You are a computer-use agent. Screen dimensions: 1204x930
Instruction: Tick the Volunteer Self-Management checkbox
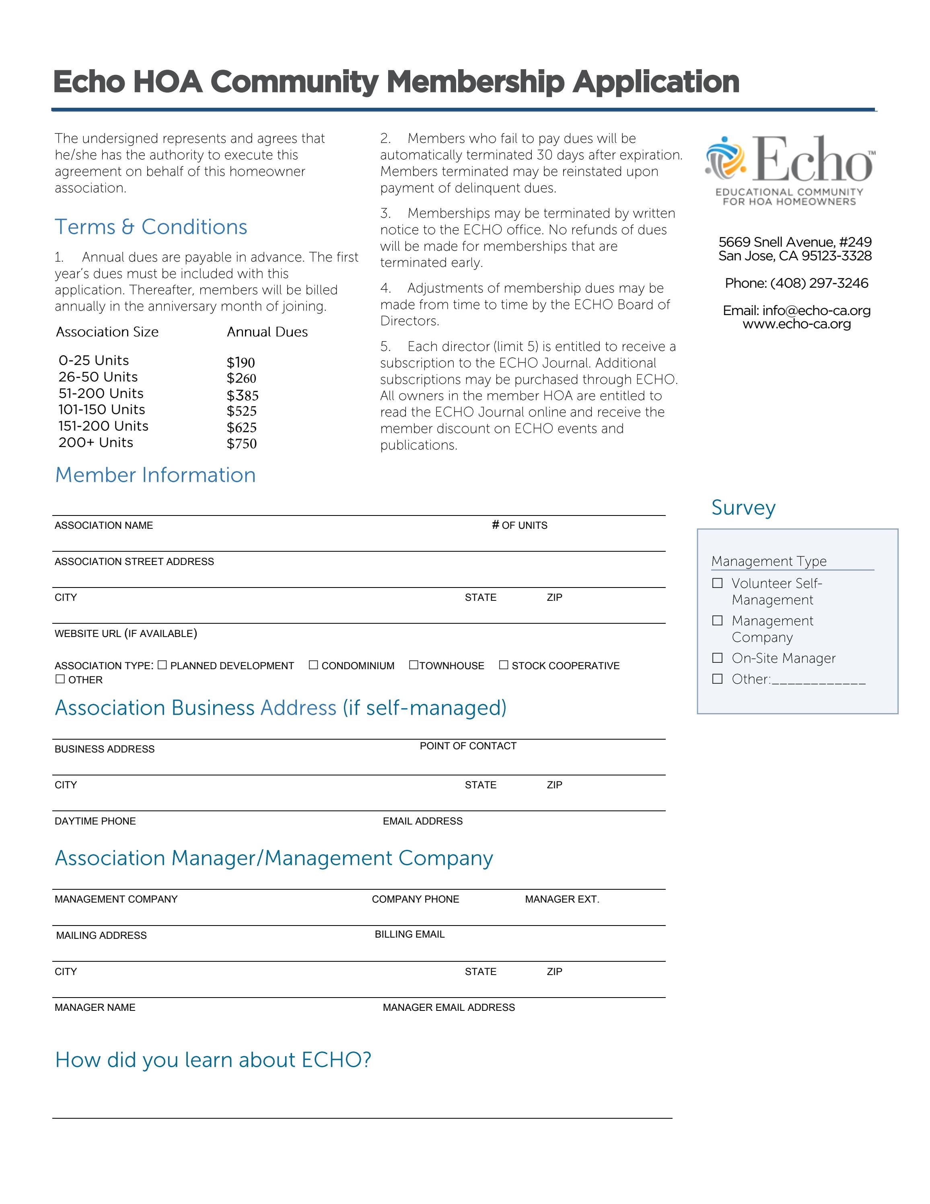(717, 583)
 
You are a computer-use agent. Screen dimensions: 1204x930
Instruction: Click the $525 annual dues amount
(241, 411)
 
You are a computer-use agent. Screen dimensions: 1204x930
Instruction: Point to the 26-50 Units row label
(98, 377)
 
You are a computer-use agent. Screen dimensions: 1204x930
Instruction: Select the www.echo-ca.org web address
(797, 324)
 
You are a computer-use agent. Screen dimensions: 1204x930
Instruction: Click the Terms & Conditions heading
(150, 227)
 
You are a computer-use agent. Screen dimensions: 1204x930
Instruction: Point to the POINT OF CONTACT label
(468, 746)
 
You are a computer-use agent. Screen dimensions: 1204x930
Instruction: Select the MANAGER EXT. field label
(562, 899)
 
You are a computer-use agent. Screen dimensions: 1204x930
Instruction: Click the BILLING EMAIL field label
(409, 934)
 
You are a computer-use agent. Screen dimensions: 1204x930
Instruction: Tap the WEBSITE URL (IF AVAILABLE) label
(126, 633)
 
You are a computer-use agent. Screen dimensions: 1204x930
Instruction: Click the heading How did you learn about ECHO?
(213, 1060)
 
